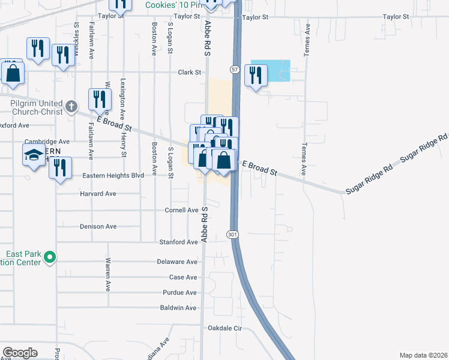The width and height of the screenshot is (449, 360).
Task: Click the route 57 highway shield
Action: click(235, 70)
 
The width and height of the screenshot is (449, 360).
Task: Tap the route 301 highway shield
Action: click(232, 235)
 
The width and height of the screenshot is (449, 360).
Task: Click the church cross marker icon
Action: click(71, 107)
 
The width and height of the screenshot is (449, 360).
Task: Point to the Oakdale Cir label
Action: click(224, 328)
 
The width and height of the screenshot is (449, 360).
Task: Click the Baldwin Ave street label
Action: click(178, 308)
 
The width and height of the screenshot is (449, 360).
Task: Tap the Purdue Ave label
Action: click(179, 293)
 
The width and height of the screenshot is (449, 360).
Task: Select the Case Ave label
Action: click(183, 277)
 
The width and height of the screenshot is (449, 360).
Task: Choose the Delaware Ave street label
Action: click(177, 262)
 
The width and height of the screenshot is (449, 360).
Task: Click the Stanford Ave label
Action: click(178, 242)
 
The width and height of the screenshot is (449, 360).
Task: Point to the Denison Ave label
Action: click(98, 227)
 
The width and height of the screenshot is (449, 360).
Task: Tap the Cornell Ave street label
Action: click(181, 211)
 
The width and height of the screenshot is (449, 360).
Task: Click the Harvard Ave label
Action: click(98, 194)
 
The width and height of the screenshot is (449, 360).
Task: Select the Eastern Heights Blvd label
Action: click(114, 176)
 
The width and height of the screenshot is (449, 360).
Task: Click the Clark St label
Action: click(189, 73)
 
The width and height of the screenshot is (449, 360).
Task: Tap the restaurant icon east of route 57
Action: click(256, 75)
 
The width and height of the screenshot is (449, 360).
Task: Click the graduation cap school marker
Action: click(34, 155)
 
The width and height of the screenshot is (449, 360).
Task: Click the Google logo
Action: click(20, 352)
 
